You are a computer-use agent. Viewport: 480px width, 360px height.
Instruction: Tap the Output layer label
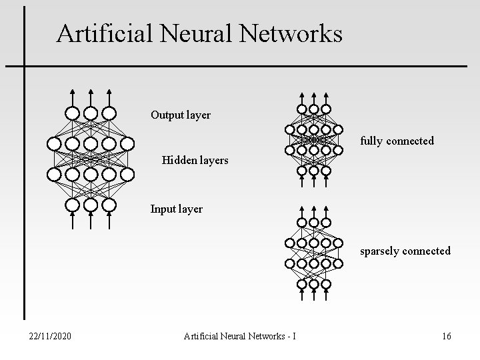click(181, 115)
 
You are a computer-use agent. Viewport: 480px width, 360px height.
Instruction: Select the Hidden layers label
click(195, 160)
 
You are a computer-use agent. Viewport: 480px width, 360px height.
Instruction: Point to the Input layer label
click(177, 209)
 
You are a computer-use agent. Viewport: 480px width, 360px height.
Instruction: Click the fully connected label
click(397, 141)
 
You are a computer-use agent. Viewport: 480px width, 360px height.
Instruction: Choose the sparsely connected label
click(405, 251)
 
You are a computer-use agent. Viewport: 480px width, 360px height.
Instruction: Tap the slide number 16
click(446, 336)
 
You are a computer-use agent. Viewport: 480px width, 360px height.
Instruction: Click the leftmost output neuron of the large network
click(73, 113)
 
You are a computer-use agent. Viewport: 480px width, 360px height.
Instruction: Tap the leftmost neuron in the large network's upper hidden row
click(54, 143)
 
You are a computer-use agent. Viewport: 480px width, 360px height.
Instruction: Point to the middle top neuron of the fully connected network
click(313, 109)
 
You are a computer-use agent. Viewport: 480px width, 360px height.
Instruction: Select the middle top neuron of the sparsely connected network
click(313, 222)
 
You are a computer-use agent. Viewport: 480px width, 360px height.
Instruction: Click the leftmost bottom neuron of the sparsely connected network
click(301, 283)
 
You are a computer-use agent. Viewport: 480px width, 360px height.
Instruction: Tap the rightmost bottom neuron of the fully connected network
click(326, 170)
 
